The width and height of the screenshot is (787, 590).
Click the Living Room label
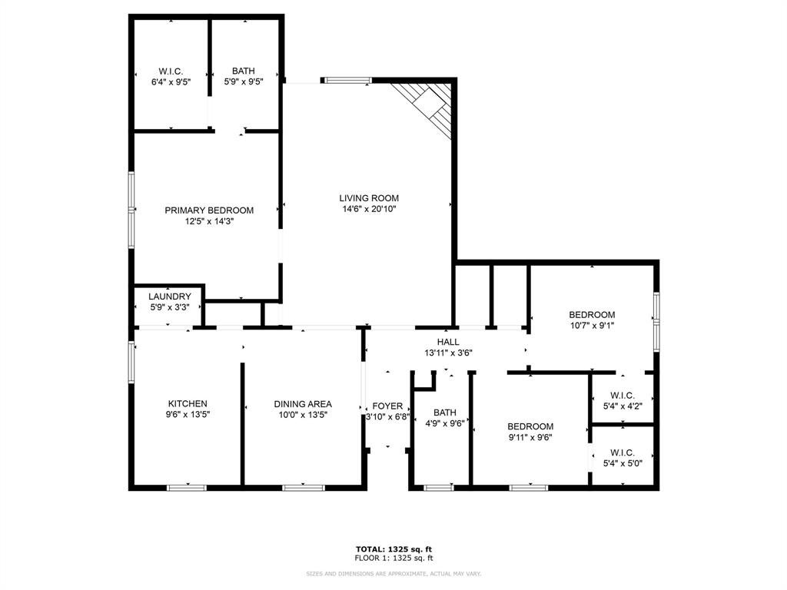pos(369,198)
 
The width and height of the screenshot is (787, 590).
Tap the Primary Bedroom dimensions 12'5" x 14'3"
pos(209,221)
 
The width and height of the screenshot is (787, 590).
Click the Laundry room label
pos(170,297)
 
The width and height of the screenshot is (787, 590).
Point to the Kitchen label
pos(188,404)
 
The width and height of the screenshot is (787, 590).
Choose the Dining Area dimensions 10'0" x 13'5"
pos(303,415)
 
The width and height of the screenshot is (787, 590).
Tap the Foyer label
pos(387,406)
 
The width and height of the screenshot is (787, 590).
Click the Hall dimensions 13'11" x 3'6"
pos(448,353)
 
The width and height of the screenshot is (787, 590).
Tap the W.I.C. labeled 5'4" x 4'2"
pos(622,401)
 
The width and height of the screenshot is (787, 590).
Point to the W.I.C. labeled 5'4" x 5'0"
pos(622,458)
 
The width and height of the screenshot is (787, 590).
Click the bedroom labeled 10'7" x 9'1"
pos(591,320)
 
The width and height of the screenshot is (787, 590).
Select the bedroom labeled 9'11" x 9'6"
pos(530,432)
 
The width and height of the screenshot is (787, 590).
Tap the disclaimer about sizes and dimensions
pos(393,574)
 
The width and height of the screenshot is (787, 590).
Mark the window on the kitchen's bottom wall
pos(187,487)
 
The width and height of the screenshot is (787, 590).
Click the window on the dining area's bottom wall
pos(303,487)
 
